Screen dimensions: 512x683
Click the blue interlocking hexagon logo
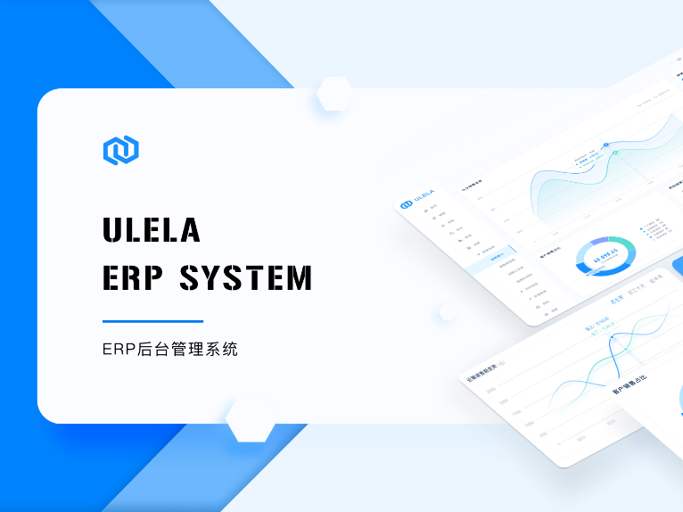(121, 151)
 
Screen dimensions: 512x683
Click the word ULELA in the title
(152, 230)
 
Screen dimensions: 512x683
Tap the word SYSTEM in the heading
(246, 277)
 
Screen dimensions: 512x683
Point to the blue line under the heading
(152, 321)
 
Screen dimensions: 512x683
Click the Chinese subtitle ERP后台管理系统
(170, 350)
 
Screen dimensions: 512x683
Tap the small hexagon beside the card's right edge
(448, 312)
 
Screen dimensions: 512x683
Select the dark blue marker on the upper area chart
(605, 144)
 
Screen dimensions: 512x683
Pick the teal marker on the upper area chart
(614, 153)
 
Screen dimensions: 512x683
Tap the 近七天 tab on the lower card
(616, 300)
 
